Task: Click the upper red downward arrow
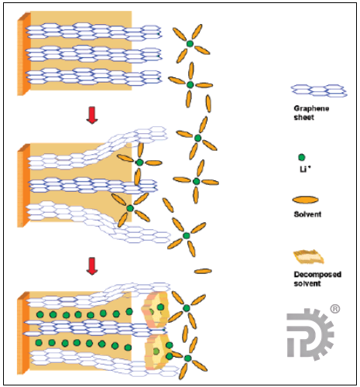pyautogui.click(x=92, y=115)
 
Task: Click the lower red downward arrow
pyautogui.click(x=92, y=266)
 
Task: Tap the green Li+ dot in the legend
pyautogui.click(x=301, y=157)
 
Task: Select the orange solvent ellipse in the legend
pyautogui.click(x=305, y=200)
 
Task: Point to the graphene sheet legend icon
pyautogui.click(x=319, y=91)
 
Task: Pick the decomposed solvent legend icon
pyautogui.click(x=309, y=257)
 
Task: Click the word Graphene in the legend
pyautogui.click(x=311, y=108)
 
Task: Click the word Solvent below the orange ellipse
pyautogui.click(x=307, y=214)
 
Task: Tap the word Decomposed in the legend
pyautogui.click(x=317, y=274)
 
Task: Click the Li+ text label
pyautogui.click(x=305, y=170)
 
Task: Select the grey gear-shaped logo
pyautogui.click(x=310, y=334)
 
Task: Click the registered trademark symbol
pyautogui.click(x=335, y=309)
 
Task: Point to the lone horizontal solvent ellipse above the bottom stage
pyautogui.click(x=203, y=271)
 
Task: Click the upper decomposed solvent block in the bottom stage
pyautogui.click(x=156, y=310)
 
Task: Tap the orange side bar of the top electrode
pyautogui.click(x=24, y=54)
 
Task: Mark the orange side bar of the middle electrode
pyautogui.click(x=24, y=186)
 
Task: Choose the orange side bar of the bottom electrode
pyautogui.click(x=23, y=333)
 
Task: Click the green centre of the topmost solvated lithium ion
pyautogui.click(x=190, y=43)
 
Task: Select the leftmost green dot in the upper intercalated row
pyautogui.click(x=39, y=314)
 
